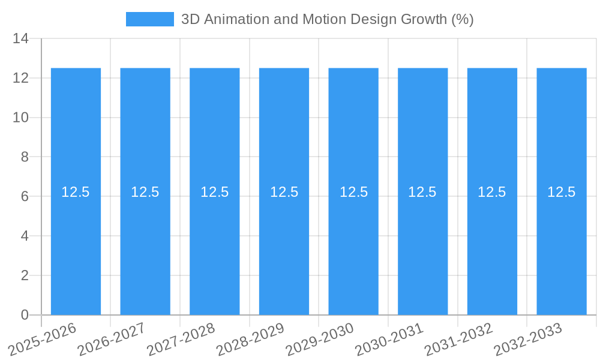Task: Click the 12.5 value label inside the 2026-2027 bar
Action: click(x=145, y=192)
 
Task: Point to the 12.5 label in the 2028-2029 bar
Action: click(x=284, y=192)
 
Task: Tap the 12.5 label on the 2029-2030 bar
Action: click(x=353, y=192)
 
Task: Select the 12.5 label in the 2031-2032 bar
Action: click(x=492, y=192)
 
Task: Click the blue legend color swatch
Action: click(x=149, y=19)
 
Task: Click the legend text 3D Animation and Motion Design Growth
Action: click(x=327, y=19)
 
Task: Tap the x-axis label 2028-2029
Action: click(x=251, y=339)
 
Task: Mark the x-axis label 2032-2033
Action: click(x=529, y=339)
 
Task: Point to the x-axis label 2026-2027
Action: click(x=112, y=339)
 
